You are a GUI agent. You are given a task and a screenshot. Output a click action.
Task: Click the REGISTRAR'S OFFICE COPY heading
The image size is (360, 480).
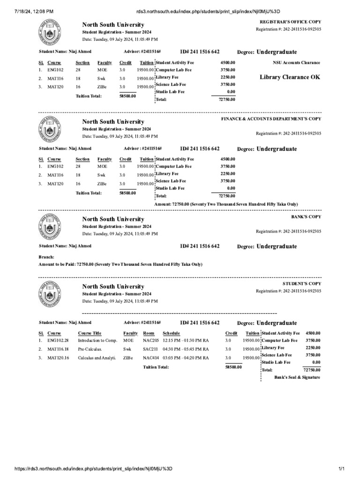pyautogui.click(x=290, y=22)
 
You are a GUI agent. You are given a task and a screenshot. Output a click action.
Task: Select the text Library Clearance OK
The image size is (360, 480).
pyautogui.click(x=290, y=77)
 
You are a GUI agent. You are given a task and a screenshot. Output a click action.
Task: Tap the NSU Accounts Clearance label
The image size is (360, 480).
pyautogui.click(x=296, y=62)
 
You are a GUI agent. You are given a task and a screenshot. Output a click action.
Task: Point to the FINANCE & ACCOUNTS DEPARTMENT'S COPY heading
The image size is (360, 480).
pyautogui.click(x=271, y=119)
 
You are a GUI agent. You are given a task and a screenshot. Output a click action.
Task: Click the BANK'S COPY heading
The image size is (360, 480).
pyautogui.click(x=306, y=217)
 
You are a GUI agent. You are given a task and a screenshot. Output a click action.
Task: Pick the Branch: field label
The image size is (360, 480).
pyautogui.click(x=46, y=257)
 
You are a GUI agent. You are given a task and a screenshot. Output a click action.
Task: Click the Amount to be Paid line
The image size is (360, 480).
pyautogui.click(x=120, y=264)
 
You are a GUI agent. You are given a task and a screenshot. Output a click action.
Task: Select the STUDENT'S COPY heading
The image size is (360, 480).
pyautogui.click(x=302, y=284)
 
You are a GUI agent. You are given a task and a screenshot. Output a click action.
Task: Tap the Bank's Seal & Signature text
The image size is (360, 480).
pyautogui.click(x=297, y=377)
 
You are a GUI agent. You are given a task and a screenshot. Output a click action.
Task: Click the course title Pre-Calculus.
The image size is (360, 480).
pyautogui.click(x=90, y=349)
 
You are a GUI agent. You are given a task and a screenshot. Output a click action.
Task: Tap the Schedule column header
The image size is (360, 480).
pyautogui.click(x=171, y=333)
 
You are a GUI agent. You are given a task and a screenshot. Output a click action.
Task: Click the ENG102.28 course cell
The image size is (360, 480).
pyautogui.click(x=58, y=340)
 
